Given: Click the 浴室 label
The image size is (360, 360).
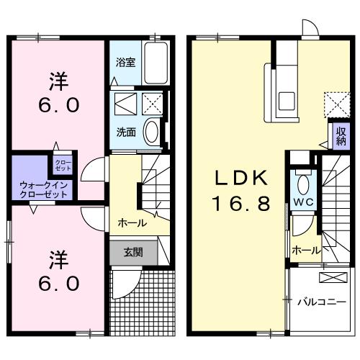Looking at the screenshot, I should pyautogui.click(x=125, y=62).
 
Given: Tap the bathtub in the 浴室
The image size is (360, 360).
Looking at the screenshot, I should pyautogui.click(x=156, y=63).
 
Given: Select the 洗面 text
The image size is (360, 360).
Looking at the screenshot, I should pyautogui.click(x=125, y=132).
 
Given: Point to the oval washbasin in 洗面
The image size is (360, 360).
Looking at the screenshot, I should pyautogui.click(x=153, y=132).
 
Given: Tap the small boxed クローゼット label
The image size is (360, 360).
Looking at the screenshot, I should pyautogui.click(x=63, y=164).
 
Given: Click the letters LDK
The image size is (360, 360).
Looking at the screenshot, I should pyautogui.click(x=239, y=177).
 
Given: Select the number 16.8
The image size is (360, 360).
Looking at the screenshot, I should pyautogui.click(x=240, y=204).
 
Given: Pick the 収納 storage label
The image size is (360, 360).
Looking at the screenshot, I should pyautogui.click(x=341, y=136).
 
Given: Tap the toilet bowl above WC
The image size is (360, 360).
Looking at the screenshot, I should pyautogui.click(x=302, y=181).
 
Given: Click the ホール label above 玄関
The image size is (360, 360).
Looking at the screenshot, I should pyautogui.click(x=132, y=222).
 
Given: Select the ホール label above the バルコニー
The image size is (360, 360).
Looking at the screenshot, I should pyautogui.click(x=305, y=250).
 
